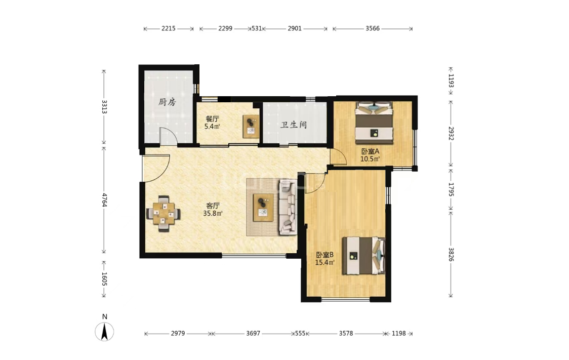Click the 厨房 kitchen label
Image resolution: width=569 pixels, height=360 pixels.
(x=167, y=102)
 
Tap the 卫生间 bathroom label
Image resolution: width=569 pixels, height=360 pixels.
(x=294, y=125)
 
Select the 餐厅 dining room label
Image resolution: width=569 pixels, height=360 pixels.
(x=212, y=119)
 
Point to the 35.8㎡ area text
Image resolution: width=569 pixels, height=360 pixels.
(x=213, y=213)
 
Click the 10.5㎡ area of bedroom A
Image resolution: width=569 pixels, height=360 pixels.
(x=370, y=159)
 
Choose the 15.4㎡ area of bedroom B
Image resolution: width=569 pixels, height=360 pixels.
(x=324, y=262)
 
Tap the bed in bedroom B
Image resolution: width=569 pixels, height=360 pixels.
(x=364, y=256)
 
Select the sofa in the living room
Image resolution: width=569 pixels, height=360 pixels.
(x=288, y=207)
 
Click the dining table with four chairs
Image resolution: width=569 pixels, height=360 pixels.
(x=164, y=214)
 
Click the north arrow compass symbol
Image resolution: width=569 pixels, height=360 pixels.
(x=104, y=331)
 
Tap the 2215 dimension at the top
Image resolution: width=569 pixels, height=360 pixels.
(x=169, y=28)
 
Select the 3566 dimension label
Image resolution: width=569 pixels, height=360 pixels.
(x=372, y=28)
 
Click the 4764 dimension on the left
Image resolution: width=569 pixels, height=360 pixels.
(x=104, y=200)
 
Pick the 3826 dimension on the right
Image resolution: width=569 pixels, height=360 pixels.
(x=451, y=254)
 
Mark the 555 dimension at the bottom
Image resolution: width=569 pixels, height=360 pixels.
(x=300, y=333)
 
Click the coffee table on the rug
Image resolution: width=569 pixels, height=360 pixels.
(x=263, y=207)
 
